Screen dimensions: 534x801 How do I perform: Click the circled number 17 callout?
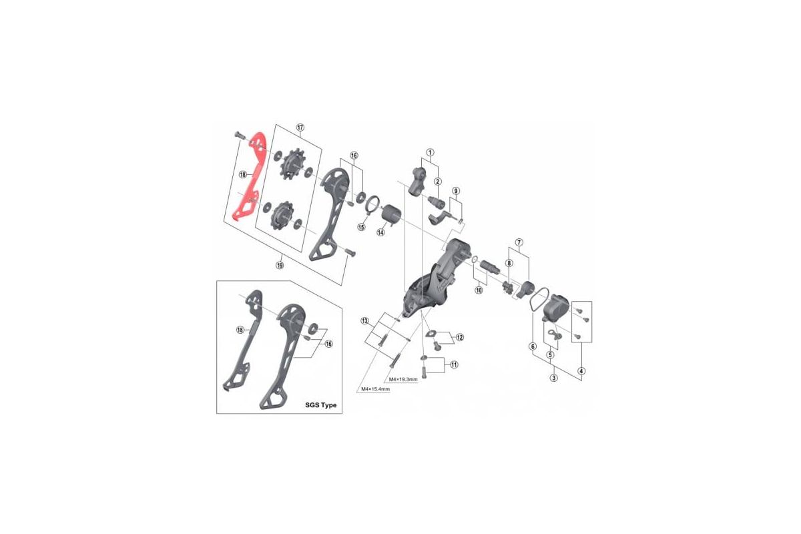point(300,127)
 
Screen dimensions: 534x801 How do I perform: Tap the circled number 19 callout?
point(281,265)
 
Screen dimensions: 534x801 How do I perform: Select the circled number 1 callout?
point(431,152)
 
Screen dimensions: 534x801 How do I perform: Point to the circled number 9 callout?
point(456,191)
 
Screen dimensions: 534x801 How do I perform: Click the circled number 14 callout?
point(380,232)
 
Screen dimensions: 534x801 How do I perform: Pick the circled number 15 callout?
point(361,227)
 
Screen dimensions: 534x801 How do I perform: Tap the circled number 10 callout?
point(479,290)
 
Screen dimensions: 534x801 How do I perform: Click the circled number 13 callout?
point(364,321)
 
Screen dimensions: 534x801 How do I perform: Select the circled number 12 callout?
point(460,338)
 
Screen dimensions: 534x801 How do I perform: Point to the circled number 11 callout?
point(454,364)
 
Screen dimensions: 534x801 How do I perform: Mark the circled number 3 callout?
point(553,378)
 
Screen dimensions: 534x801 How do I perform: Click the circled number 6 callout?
point(532,346)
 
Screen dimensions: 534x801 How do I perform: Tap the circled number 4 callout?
point(581,371)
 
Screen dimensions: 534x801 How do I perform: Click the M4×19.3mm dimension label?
point(403,380)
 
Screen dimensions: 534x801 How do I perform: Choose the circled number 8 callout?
point(509,263)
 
